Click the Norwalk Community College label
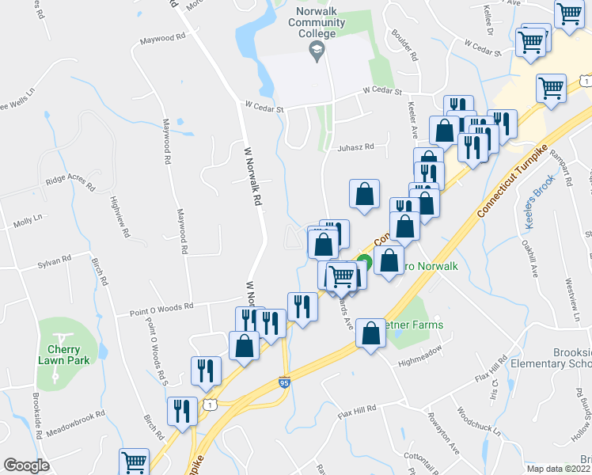[x=317, y=24]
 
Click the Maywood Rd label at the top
[x=162, y=38]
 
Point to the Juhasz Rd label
[x=354, y=147]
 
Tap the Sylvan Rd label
[x=54, y=258]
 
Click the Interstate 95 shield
[x=284, y=382]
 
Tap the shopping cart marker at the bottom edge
[x=134, y=461]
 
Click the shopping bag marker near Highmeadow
[x=370, y=332]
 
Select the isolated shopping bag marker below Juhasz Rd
[x=363, y=193]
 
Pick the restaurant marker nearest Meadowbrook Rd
[x=183, y=410]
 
